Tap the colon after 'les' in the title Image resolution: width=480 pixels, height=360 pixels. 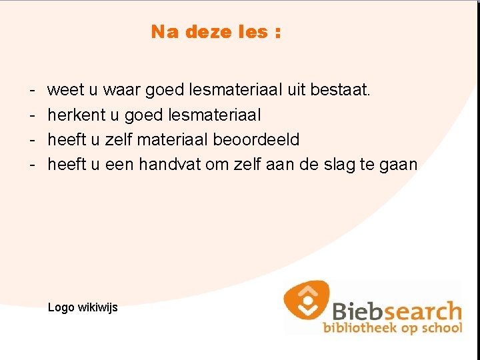coord(276,33)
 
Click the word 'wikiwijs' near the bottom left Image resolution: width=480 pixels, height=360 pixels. coord(97,307)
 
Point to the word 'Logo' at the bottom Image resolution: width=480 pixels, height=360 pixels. coord(61,307)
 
